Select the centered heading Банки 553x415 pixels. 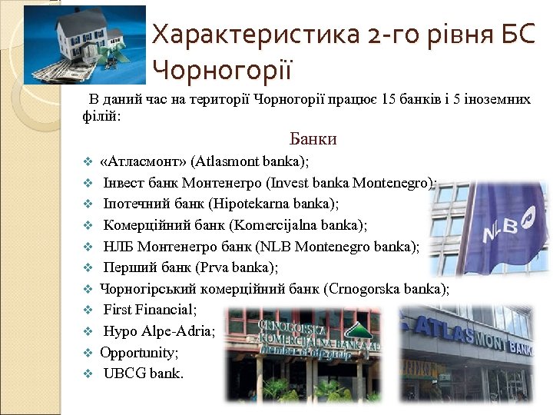[x=313, y=139]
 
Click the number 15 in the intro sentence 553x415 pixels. [x=378, y=100]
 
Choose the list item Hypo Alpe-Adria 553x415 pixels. [x=159, y=332]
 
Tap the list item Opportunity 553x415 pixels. [x=139, y=353]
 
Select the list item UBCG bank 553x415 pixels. [x=144, y=374]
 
